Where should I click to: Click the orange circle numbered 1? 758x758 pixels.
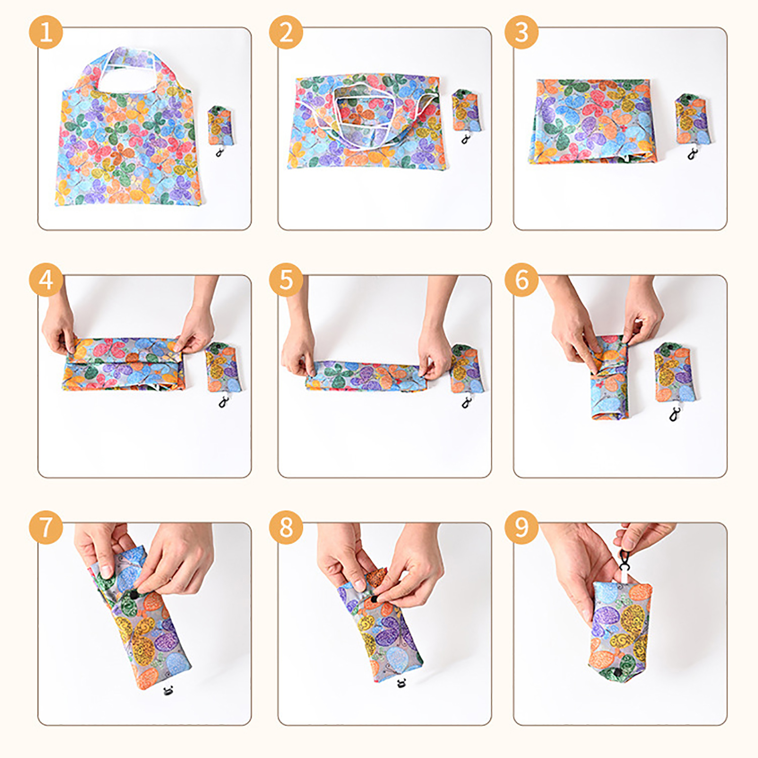(x=46, y=32)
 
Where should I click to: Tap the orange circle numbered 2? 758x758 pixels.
(x=286, y=32)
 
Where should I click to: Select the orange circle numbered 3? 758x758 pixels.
(x=522, y=32)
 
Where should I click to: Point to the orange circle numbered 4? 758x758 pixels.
(x=46, y=280)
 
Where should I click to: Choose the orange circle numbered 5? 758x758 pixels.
(x=286, y=280)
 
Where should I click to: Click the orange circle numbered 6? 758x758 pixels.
(x=522, y=280)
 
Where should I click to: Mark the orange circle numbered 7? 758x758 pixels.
(x=46, y=527)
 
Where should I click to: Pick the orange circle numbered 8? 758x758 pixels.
(x=286, y=527)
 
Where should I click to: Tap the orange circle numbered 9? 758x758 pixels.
(x=522, y=527)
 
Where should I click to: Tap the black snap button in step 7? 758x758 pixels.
(x=134, y=595)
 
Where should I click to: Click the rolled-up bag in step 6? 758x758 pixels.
(x=610, y=378)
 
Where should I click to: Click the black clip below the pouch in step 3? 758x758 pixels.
(x=693, y=154)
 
